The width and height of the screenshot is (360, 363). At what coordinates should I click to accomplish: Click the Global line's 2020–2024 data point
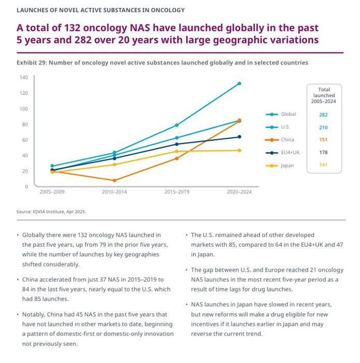point(239,83)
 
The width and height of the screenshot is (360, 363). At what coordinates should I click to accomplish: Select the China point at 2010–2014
point(114,180)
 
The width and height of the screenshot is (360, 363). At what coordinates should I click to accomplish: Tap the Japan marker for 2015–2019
point(177,151)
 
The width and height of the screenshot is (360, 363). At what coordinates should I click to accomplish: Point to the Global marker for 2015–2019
point(177,125)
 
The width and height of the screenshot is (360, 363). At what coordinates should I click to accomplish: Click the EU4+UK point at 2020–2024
point(239,137)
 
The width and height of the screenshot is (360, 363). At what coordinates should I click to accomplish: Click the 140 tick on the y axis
point(24,78)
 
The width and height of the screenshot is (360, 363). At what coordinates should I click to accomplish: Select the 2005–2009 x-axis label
point(52,192)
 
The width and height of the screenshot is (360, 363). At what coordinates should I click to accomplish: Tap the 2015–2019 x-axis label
point(177,192)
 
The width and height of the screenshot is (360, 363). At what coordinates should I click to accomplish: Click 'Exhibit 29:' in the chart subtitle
point(34,62)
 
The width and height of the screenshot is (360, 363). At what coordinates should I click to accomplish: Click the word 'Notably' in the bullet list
point(34,314)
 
